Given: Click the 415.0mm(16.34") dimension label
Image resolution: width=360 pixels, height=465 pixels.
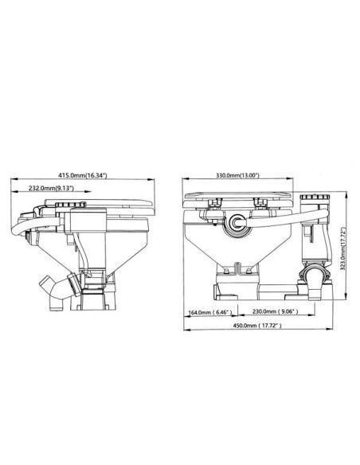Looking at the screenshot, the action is click(82, 175).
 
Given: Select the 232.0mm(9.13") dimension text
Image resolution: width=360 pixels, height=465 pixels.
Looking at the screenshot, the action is click(51, 188).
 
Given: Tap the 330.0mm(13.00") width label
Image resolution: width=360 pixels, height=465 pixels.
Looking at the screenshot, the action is click(237, 175).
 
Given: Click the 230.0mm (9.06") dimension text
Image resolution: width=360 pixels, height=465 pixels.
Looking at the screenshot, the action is click(276, 311).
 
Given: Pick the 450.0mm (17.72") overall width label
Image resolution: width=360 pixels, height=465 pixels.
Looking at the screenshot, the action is click(257, 326).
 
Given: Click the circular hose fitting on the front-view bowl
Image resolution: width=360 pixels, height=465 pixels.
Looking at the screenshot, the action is click(237, 222).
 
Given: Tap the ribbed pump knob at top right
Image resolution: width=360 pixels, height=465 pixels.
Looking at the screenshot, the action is click(315, 197).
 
